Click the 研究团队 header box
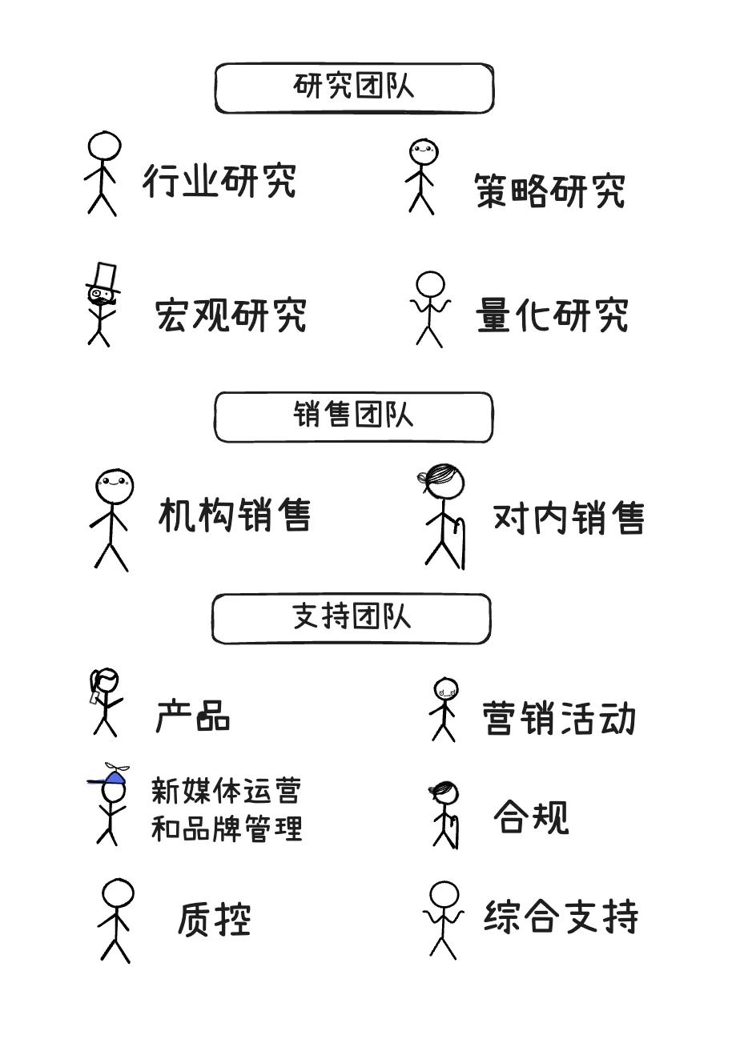pyautogui.click(x=354, y=88)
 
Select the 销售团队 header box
pyautogui.click(x=353, y=417)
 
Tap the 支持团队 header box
pyautogui.click(x=351, y=619)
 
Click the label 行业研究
pyautogui.click(x=219, y=181)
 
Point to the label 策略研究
pyautogui.click(x=549, y=191)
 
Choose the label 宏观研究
pyautogui.click(x=231, y=315)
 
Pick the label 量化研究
pyautogui.click(x=552, y=315)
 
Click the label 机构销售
pyautogui.click(x=235, y=515)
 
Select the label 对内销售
pyautogui.click(x=568, y=518)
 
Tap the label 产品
pyautogui.click(x=193, y=715)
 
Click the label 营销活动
pyautogui.click(x=559, y=718)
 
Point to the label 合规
pyautogui.click(x=531, y=817)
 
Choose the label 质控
pyautogui.click(x=214, y=919)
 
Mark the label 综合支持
pyautogui.click(x=561, y=917)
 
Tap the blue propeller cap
pyautogui.click(x=111, y=776)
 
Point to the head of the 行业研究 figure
pyautogui.click(x=104, y=147)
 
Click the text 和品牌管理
pyautogui.click(x=227, y=828)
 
